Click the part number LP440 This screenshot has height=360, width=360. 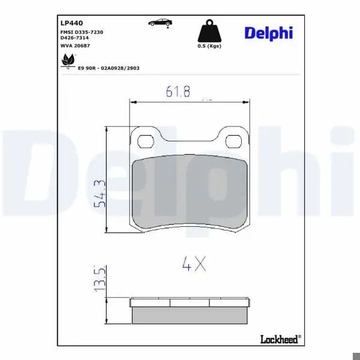pos(71,23)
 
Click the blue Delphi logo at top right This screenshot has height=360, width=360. pos(269,33)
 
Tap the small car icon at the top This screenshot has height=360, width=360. pos(160,23)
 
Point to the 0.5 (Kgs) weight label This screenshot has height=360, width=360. pos(209,46)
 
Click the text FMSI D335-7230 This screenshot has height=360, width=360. pos(82,32)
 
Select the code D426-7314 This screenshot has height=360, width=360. pos(74,38)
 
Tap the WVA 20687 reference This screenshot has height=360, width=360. pos(75,46)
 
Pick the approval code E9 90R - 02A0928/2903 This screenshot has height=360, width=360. pos(109,68)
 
